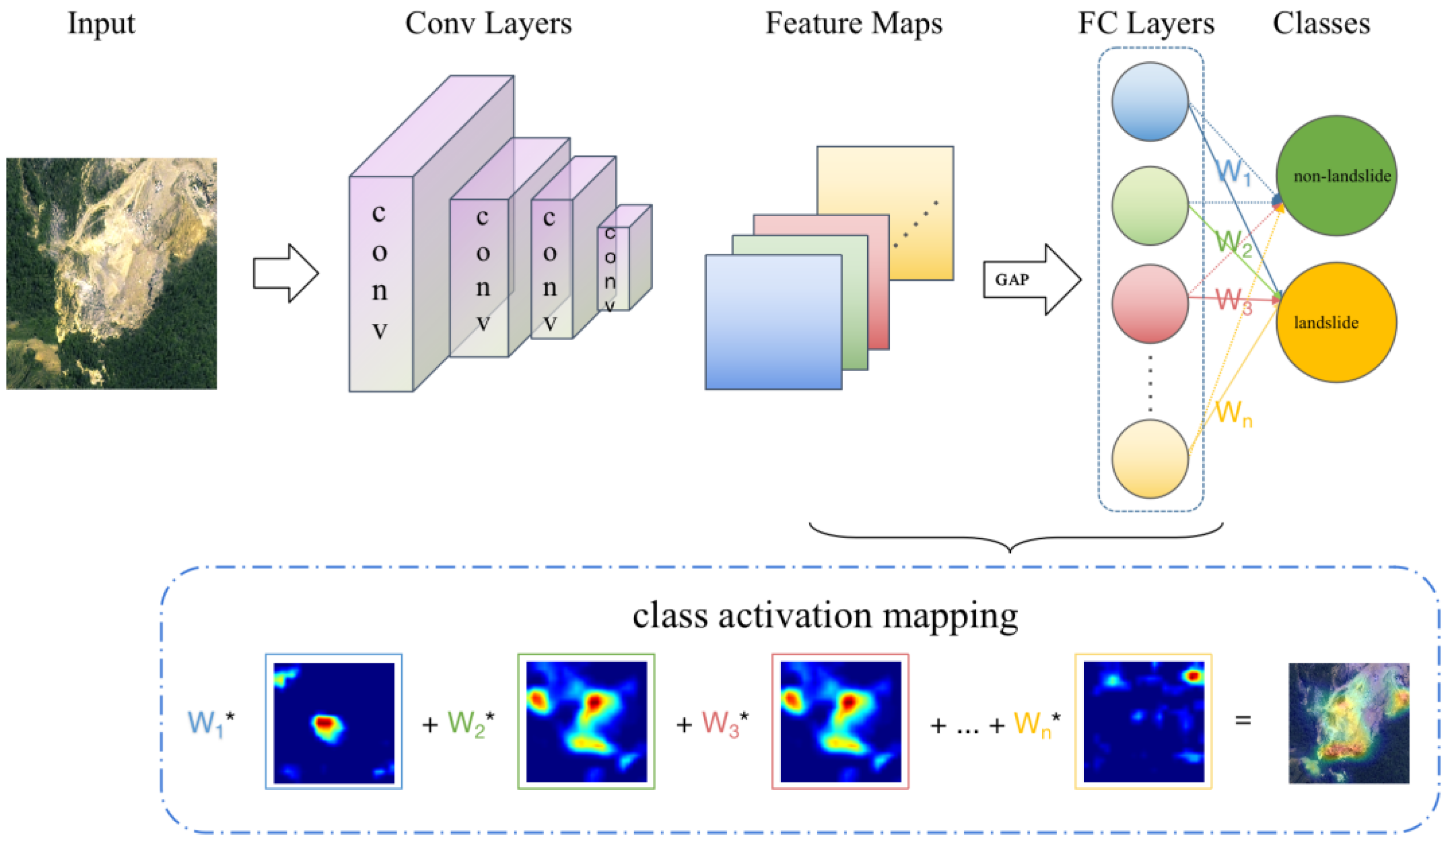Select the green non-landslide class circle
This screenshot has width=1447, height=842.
click(x=1337, y=175)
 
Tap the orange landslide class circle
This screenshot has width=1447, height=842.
click(x=1337, y=322)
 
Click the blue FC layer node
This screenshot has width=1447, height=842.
click(x=1149, y=102)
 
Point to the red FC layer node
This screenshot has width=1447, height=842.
click(x=1149, y=303)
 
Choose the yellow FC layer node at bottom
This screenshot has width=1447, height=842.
click(x=1149, y=459)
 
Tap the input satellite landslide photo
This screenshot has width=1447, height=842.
click(x=112, y=273)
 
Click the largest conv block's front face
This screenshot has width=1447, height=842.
click(x=381, y=284)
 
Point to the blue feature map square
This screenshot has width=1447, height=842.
click(x=773, y=322)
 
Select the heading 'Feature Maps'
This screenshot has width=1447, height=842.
click(x=853, y=24)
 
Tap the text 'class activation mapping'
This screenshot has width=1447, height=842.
click(x=825, y=615)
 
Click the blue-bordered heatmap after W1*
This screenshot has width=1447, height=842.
click(x=334, y=722)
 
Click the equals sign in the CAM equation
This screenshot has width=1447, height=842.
click(x=1243, y=720)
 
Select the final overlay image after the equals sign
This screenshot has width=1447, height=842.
click(x=1348, y=723)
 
